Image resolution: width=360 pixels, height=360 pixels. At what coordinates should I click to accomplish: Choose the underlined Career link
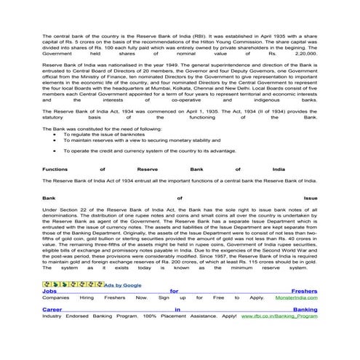[x=54, y=310]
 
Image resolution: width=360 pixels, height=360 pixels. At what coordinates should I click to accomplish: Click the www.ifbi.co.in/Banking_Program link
[x=279, y=316]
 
